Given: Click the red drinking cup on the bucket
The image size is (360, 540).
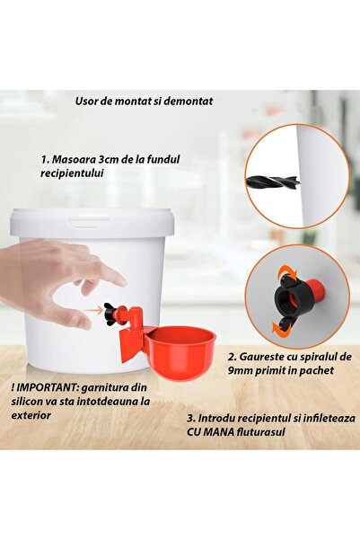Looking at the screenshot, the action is (x=180, y=352).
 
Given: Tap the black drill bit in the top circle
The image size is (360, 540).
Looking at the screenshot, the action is (x=273, y=181).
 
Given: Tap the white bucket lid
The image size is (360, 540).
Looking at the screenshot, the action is (x=92, y=222).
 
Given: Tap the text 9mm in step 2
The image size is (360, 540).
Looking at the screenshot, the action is (x=239, y=370).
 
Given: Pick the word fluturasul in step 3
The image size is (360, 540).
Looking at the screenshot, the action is (x=261, y=432).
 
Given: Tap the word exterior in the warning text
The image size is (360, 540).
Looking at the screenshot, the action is (x=31, y=415).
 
